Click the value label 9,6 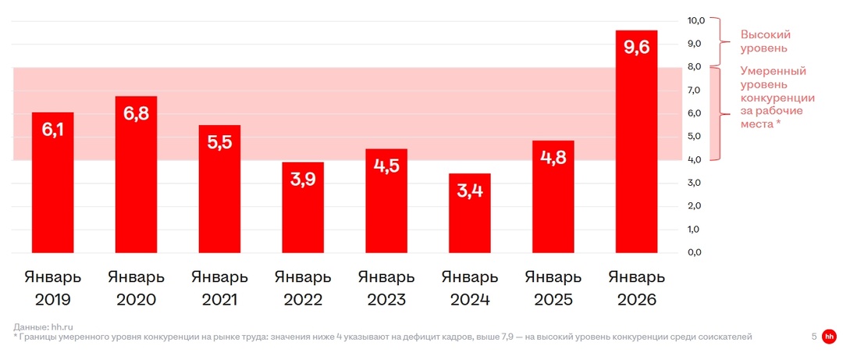[x=636, y=48]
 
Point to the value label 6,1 [x=52, y=130]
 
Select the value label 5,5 [x=219, y=143]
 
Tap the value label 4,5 [x=386, y=166]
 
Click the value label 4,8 [x=553, y=159]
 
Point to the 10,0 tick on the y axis [x=695, y=20]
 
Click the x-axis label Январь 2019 [x=52, y=288]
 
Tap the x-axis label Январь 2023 [x=386, y=288]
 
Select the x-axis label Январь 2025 [x=553, y=288]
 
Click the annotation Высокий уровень [x=766, y=41]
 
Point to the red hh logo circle [x=829, y=337]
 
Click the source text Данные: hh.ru [x=44, y=326]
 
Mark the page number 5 [x=814, y=337]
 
